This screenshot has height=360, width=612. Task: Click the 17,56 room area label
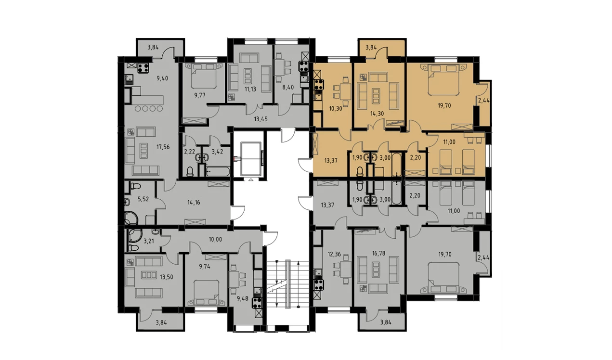click(x=163, y=147)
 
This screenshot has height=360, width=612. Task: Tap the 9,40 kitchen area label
click(x=162, y=78)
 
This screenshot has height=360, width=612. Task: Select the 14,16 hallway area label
click(x=194, y=203)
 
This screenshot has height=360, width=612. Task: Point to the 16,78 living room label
click(x=378, y=254)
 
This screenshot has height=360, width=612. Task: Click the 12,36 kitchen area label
click(x=334, y=254)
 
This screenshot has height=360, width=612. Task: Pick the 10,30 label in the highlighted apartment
click(x=336, y=108)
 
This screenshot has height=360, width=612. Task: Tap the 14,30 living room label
click(x=377, y=114)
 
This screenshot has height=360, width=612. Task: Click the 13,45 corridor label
click(x=260, y=119)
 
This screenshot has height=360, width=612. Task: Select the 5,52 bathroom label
click(x=143, y=199)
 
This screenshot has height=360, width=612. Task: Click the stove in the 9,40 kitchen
click(x=143, y=68)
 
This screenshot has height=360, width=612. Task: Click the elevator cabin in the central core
click(x=251, y=159)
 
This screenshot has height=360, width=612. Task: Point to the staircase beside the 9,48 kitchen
click(x=287, y=284)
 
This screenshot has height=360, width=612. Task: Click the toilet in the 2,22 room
click(x=190, y=171)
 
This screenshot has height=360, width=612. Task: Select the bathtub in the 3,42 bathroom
click(x=218, y=171)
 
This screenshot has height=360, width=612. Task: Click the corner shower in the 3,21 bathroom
click(x=134, y=236)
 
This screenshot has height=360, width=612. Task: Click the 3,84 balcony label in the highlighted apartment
click(x=371, y=47)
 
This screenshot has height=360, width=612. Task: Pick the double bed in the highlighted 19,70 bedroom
click(x=443, y=79)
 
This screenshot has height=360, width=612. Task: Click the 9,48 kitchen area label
click(x=243, y=298)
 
